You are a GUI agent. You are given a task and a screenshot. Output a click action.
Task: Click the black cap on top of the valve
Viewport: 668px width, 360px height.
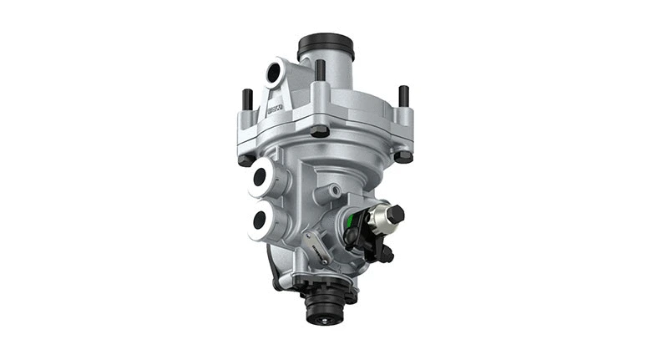coord(325,44)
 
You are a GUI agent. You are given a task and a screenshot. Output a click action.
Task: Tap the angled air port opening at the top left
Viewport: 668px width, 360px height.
coord(274,74)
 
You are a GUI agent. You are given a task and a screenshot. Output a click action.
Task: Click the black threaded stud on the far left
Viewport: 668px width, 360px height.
coord(246,100)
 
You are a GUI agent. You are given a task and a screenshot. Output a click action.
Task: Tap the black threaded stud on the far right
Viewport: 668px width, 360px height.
coord(404,95)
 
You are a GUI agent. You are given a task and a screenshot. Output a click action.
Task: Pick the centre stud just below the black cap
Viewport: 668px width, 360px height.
coord(320,69)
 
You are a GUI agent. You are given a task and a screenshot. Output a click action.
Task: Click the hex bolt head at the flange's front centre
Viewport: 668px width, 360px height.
coord(320,130)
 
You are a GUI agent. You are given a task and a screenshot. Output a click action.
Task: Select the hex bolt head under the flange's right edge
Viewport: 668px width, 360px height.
coord(402,155)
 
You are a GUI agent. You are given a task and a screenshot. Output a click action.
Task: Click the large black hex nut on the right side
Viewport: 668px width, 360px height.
coord(395,215)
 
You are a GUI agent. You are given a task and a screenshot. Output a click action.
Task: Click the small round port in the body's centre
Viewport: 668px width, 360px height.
coord(334,191)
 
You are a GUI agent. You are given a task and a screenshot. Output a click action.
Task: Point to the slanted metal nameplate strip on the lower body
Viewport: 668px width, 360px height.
coord(311,250)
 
